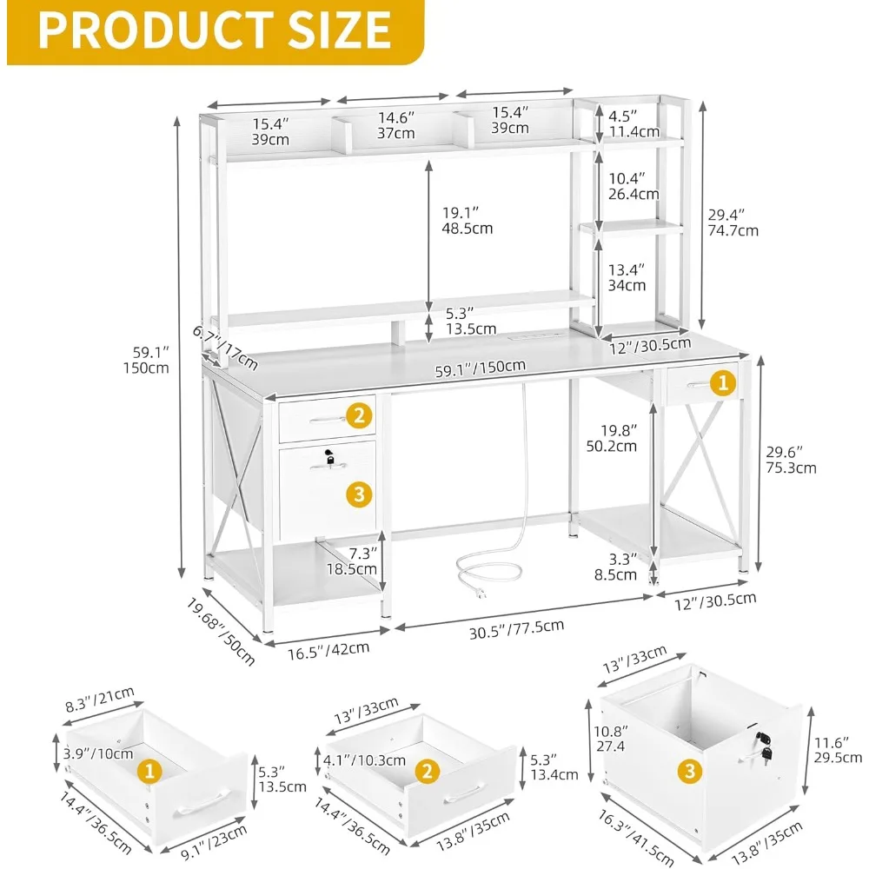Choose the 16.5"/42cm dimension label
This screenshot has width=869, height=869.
pos(328,647)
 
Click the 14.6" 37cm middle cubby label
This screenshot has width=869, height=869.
pos(395,125)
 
